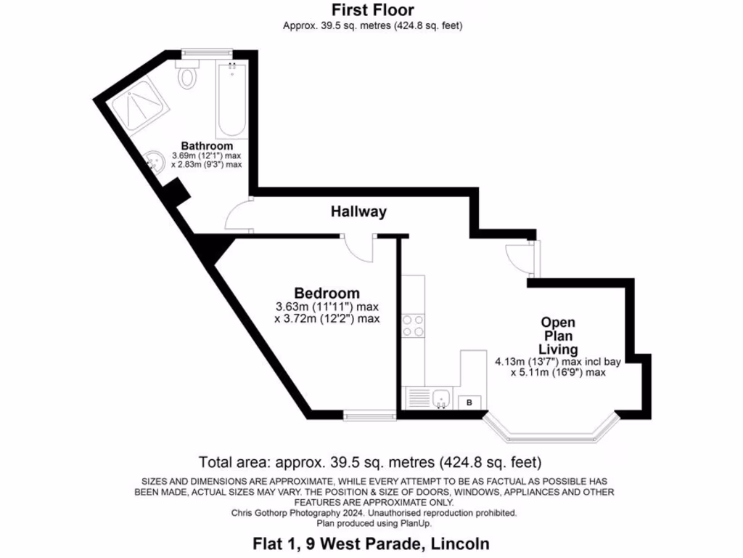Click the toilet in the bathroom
pos(189,75)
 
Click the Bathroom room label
pos(207,145)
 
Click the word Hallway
pos(358,212)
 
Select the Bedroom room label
pos(327,294)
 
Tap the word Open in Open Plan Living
pos(558,323)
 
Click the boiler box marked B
pos(469,402)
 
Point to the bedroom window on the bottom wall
pos(369,416)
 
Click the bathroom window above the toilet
pos(207,51)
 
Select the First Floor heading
pos(372,10)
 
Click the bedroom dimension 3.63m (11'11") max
pos(327,307)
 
